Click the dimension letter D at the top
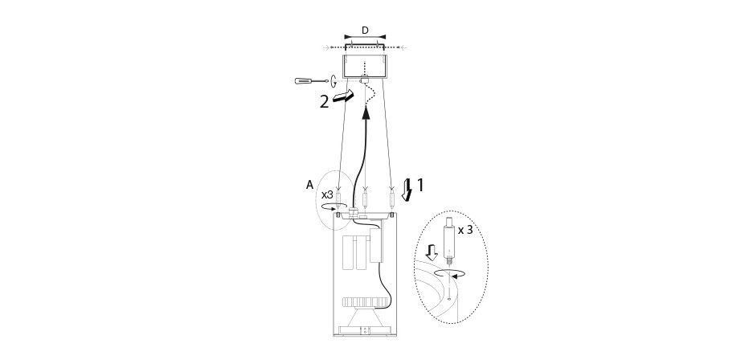tap(365, 31)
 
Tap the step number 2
tap(325, 102)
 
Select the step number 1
tap(420, 185)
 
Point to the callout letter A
tap(309, 184)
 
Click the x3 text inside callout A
tap(328, 195)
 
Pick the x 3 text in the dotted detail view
tap(464, 230)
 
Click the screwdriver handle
tap(303, 80)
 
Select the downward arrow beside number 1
tap(407, 189)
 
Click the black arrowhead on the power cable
tap(366, 113)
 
